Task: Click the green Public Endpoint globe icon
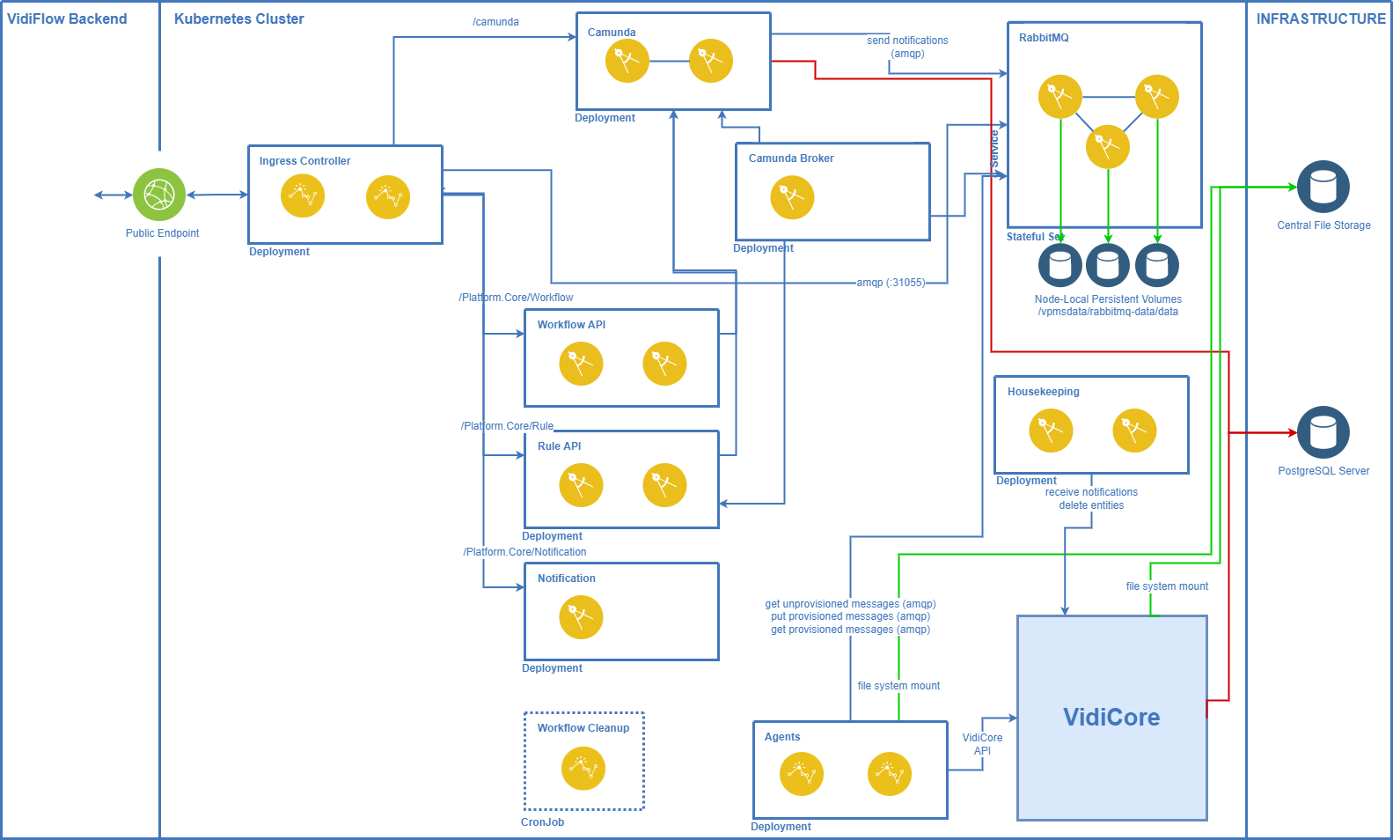pos(159,195)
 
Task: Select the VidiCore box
pos(1111,718)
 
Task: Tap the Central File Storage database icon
pos(1323,187)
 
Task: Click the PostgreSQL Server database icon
pos(1323,432)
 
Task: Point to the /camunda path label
pos(495,22)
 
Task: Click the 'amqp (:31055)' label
pos(891,283)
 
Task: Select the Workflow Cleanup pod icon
pos(583,769)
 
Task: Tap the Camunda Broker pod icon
pos(792,197)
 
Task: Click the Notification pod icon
pos(581,617)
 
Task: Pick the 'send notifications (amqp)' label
pos(907,47)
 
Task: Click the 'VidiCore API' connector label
pos(982,744)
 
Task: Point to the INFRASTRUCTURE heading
pos(1320,18)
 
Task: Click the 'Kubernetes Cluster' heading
pos(238,18)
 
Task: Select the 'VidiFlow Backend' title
pos(67,18)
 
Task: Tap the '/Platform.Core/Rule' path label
pos(508,426)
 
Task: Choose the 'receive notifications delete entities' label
pos(1091,498)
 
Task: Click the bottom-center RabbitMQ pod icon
pos(1108,146)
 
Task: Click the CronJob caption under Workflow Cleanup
pos(543,822)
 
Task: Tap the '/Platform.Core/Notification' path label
pos(525,552)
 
